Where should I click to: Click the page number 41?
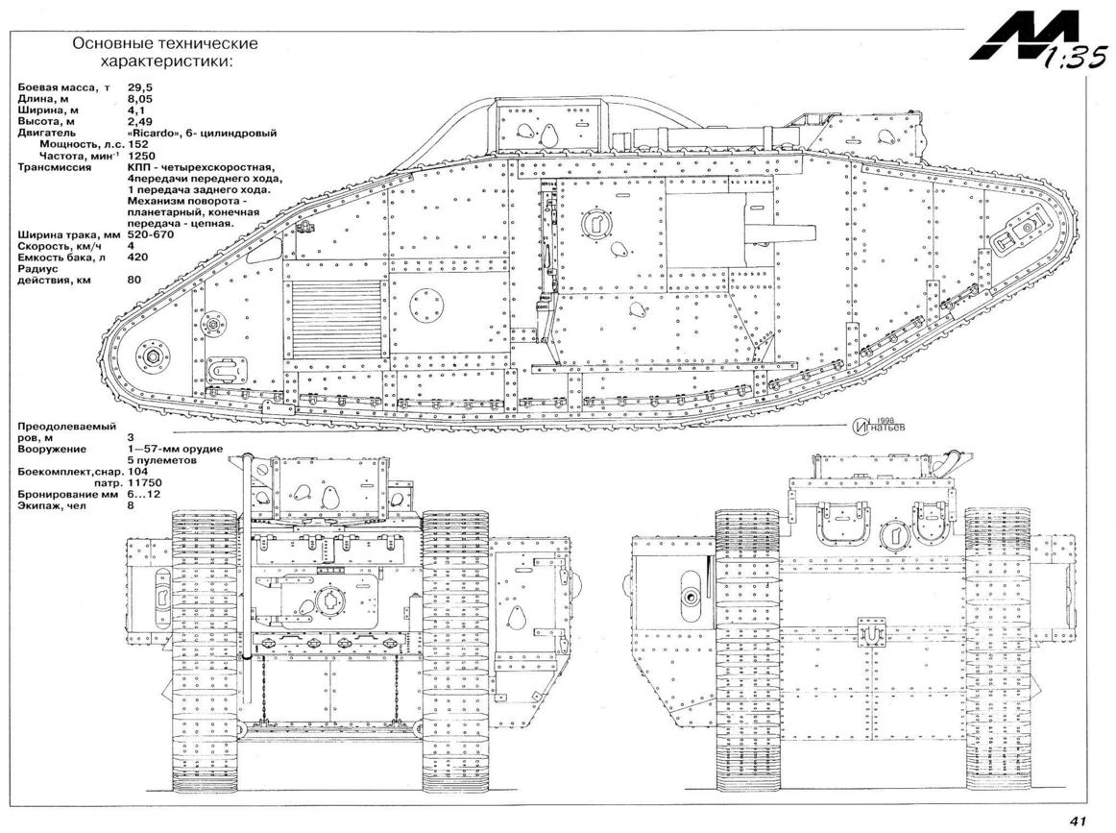tap(1077, 821)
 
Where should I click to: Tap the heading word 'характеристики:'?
tap(166, 61)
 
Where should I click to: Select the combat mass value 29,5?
tap(140, 87)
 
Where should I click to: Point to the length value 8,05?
tap(140, 99)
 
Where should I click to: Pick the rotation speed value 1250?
tap(141, 156)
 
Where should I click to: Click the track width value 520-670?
tap(151, 234)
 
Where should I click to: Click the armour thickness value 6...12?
tap(144, 494)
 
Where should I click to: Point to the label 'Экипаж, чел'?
tap(52, 505)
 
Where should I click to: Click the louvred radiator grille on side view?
tap(336, 318)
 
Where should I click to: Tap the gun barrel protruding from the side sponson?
tap(779, 233)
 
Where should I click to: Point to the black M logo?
tap(1008, 42)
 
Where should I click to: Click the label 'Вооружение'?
tap(52, 450)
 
